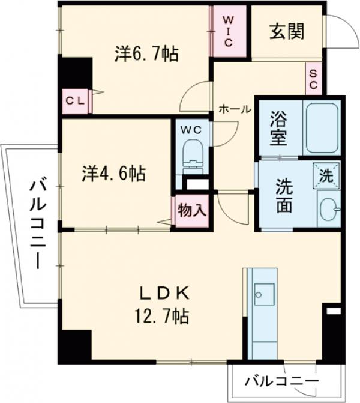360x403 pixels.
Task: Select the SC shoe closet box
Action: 313,79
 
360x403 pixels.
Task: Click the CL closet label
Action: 75,101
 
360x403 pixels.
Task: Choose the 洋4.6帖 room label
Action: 113,174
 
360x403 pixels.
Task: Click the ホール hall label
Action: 235,109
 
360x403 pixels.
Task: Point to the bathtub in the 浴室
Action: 322,128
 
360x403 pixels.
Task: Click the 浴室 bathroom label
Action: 279,127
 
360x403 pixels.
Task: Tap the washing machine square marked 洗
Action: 326,175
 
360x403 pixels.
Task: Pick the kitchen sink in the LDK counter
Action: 262,294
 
